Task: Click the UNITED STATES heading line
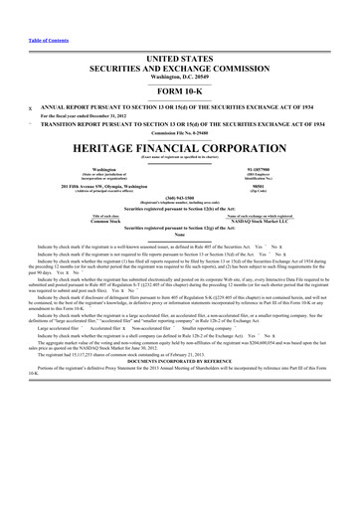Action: tap(180, 60)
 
